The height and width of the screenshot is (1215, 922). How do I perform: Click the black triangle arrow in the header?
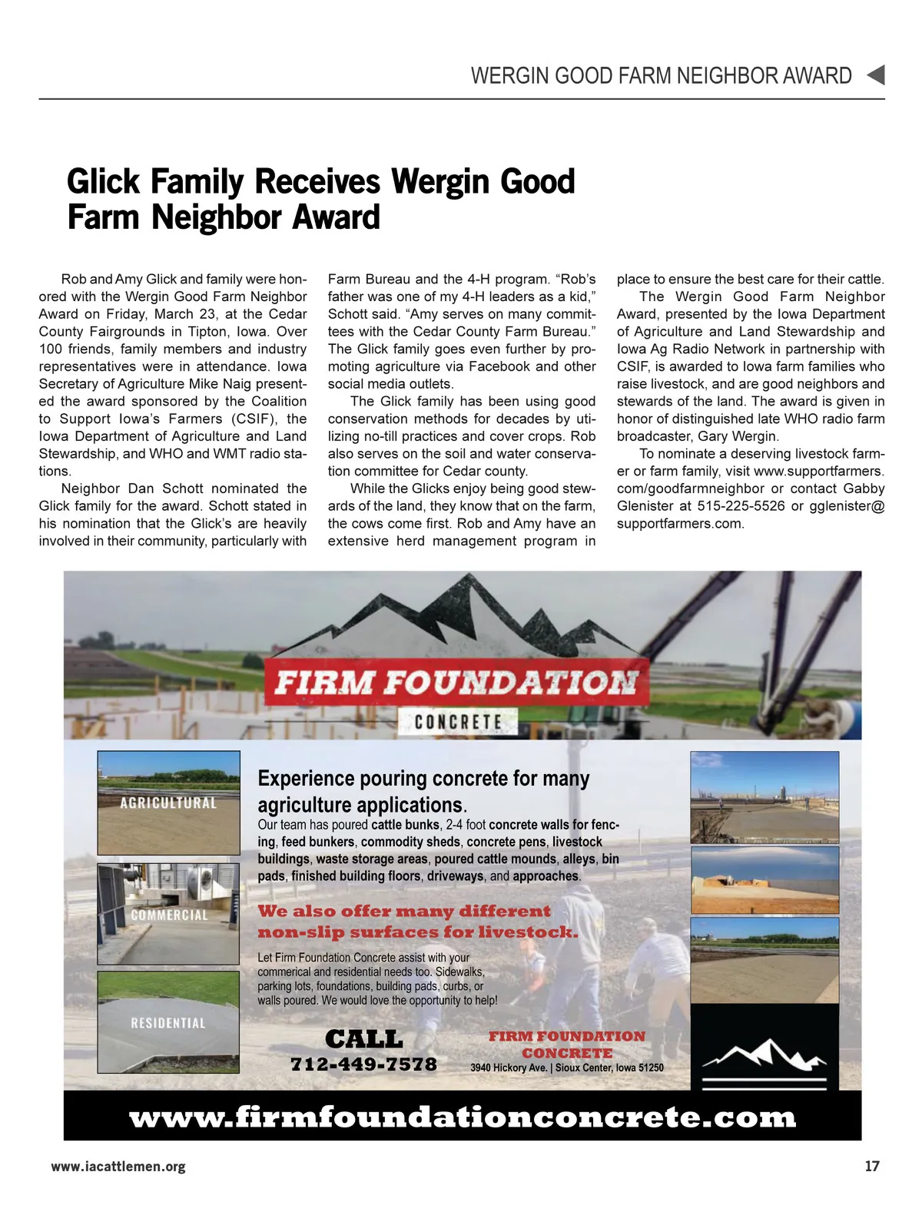(876, 75)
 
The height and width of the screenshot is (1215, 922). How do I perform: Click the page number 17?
(871, 1166)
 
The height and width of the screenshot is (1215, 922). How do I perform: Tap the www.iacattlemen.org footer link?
(118, 1166)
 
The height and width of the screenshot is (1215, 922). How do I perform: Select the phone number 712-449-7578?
(363, 1064)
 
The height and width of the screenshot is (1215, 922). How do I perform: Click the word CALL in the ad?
(363, 1039)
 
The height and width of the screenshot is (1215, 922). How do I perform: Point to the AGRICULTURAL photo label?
(168, 803)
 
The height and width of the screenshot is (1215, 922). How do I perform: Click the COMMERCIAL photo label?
(169, 915)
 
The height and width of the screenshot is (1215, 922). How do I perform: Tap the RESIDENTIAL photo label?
(168, 1023)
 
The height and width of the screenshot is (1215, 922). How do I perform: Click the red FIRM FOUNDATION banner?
(456, 682)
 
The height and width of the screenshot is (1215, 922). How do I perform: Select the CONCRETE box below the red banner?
(458, 722)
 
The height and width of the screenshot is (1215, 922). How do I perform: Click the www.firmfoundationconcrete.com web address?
(463, 1117)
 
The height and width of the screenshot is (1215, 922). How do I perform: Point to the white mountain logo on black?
(764, 1056)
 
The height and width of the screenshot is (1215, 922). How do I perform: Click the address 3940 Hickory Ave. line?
(567, 1068)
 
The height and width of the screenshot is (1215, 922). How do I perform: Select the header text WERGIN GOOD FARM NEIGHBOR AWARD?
(661, 76)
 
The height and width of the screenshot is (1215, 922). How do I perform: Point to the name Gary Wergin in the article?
(738, 436)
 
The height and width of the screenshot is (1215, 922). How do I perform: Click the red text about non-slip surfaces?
(417, 922)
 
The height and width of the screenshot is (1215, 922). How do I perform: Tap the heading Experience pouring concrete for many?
(423, 778)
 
